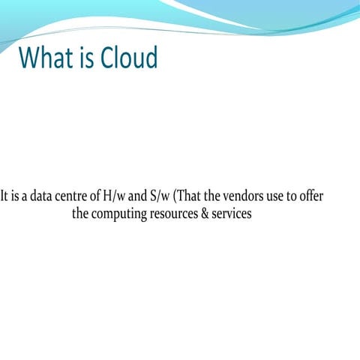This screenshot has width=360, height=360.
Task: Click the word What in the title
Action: coord(46,58)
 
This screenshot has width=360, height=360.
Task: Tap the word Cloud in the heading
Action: coord(127,58)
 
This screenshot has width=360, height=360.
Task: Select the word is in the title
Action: coord(85,58)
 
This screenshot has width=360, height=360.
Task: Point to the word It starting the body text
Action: coord(5,197)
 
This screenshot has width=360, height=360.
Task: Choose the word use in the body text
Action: coord(282,197)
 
